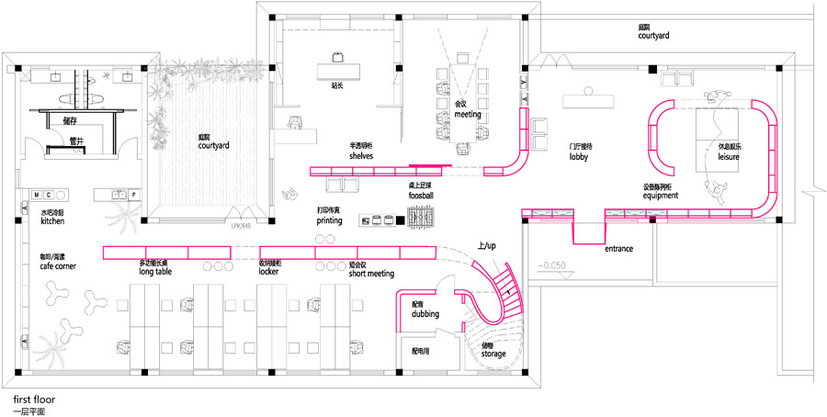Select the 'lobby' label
click(577, 156)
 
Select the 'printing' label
click(329, 220)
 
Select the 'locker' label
click(268, 272)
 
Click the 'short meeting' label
click(371, 274)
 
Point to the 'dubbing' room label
click(425, 314)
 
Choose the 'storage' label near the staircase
click(493, 353)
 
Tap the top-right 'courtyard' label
click(653, 35)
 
